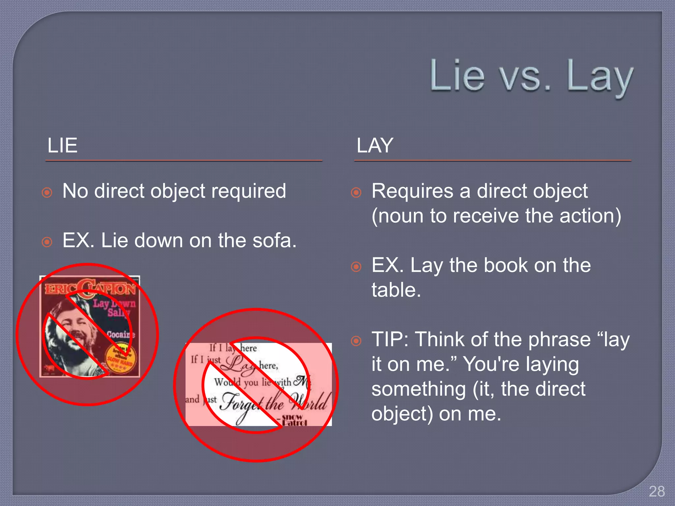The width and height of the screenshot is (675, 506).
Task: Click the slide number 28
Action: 657,492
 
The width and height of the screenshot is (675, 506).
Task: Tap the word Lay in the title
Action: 600,77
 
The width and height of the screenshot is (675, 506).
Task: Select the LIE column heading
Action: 62,145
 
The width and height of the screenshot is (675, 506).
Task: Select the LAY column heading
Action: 375,145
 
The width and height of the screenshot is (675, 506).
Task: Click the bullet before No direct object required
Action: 47,192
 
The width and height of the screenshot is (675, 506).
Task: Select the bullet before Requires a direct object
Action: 356,192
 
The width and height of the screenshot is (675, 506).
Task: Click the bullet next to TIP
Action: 356,341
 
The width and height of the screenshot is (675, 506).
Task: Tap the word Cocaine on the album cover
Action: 121,334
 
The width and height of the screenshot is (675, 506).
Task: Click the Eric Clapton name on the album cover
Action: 90,289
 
